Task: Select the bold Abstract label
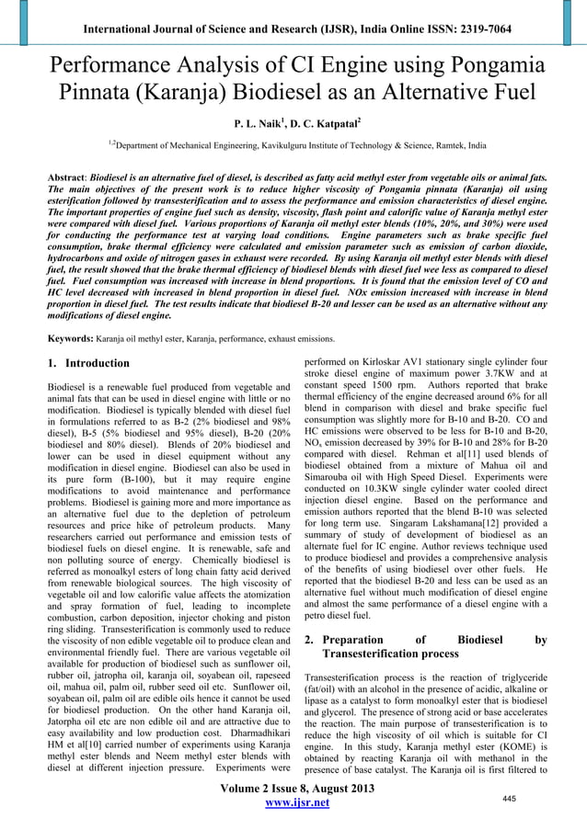coord(74,174)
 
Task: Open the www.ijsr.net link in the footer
coord(296,803)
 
